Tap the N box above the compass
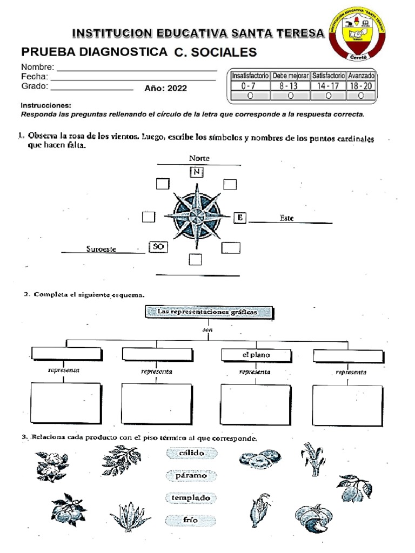(x=197, y=172)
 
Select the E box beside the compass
(x=239, y=218)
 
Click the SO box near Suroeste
(x=158, y=247)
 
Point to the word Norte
(x=199, y=158)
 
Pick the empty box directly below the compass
(x=195, y=260)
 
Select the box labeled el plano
(x=256, y=355)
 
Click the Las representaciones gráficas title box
(x=207, y=312)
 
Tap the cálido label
(x=191, y=453)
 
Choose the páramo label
(x=191, y=476)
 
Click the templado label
(x=191, y=498)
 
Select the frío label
(x=191, y=521)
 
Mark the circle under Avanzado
(x=361, y=96)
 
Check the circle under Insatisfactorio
(x=250, y=96)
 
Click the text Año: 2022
(x=165, y=89)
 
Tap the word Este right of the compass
(x=287, y=218)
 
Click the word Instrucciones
(x=46, y=106)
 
